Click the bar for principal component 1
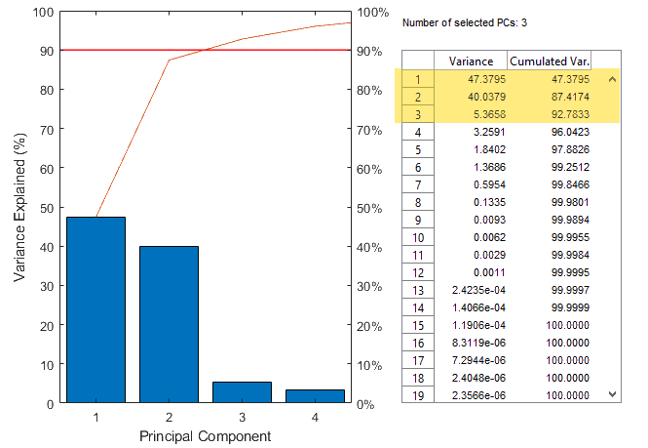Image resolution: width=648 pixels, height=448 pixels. (x=95, y=309)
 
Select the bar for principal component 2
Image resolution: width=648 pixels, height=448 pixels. (x=169, y=324)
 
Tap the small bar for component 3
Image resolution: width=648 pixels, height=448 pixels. (x=242, y=391)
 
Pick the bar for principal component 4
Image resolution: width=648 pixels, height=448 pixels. (x=315, y=395)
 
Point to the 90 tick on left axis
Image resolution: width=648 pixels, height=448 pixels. (x=45, y=50)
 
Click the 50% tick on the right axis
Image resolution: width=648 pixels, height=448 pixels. (x=368, y=207)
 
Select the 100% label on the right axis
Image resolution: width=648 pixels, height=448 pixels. (x=372, y=12)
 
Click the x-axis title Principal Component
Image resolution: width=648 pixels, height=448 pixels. (x=205, y=434)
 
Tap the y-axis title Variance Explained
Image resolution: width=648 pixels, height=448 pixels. (x=19, y=207)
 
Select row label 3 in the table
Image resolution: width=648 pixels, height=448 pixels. (x=417, y=113)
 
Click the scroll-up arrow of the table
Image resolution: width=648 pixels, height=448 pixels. (x=612, y=79)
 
